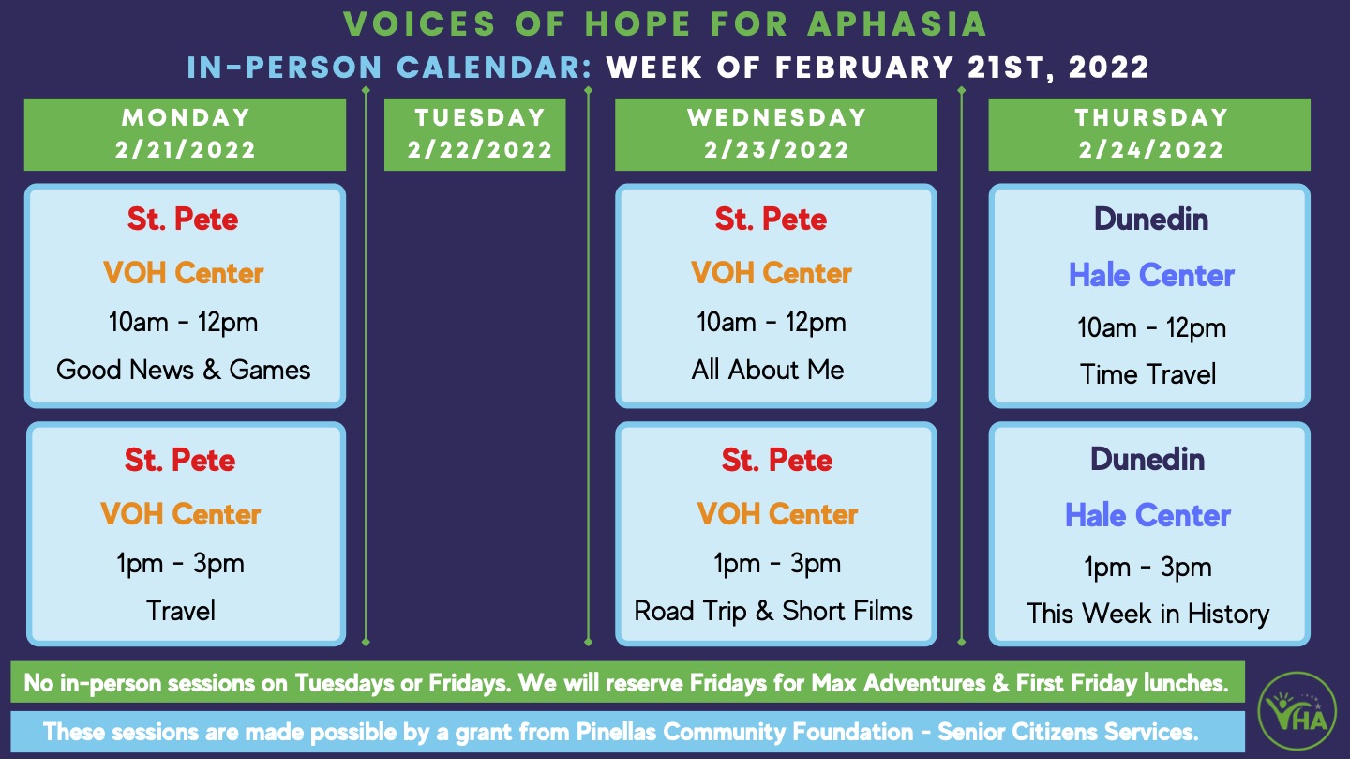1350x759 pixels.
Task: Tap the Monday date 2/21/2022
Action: (x=186, y=149)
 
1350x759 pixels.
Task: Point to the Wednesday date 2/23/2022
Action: (x=777, y=149)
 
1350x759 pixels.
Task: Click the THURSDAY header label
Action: (x=1151, y=117)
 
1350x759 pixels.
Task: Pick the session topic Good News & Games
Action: (x=184, y=370)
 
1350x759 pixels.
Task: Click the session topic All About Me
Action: (x=768, y=370)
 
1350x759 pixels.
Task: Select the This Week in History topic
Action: (x=1147, y=614)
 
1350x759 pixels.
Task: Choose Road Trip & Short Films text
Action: (x=773, y=611)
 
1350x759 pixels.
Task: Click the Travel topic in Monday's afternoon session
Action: (x=181, y=611)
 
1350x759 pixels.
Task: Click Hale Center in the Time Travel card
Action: (x=1151, y=275)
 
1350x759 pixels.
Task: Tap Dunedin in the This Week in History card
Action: (x=1147, y=459)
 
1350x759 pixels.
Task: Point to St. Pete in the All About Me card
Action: (x=771, y=220)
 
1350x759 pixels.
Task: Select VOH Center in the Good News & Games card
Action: (x=184, y=273)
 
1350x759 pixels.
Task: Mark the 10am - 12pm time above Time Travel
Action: (x=1151, y=327)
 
